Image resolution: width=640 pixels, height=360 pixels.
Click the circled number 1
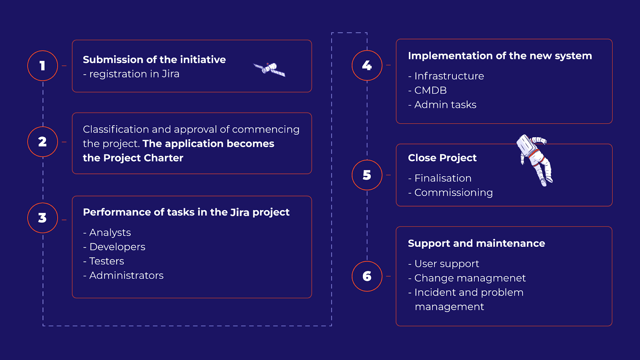coord(42,66)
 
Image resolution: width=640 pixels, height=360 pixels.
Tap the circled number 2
coord(42,142)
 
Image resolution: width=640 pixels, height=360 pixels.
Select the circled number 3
coord(42,218)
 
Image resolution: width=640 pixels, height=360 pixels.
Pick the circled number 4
coord(367,66)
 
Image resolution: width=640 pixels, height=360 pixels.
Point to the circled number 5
coord(367,175)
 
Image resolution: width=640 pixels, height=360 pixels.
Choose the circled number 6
coord(367,276)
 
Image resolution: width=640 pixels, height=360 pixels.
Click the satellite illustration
coord(269,70)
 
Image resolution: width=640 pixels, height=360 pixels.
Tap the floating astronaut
coord(534,160)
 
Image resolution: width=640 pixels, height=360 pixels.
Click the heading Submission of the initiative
coord(154,60)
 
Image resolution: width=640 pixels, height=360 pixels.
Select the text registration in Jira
coord(134,74)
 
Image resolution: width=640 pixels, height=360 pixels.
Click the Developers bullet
coord(114,247)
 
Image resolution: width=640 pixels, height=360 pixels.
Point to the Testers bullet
coord(104,261)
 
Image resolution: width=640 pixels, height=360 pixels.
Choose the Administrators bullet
coord(123,276)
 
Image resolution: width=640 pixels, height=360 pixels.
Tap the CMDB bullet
coord(428,90)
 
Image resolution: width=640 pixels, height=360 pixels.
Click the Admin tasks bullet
coord(442,104)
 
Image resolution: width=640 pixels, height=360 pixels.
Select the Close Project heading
coord(442,158)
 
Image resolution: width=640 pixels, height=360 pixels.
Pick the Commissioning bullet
coord(450,192)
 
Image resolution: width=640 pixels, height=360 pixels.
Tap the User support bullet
coord(444,264)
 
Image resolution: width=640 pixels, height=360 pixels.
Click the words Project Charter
coord(143,158)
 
